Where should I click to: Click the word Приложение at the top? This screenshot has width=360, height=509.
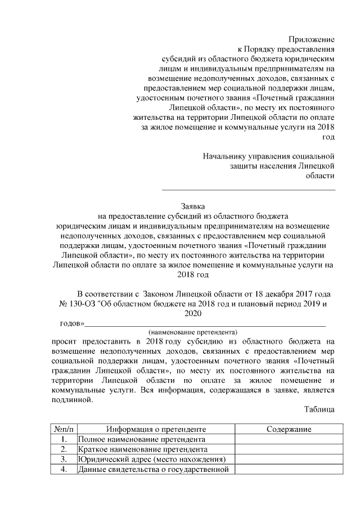[311, 39]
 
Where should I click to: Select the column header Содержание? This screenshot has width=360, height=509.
[289, 429]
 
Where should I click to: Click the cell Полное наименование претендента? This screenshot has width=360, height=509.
[141, 439]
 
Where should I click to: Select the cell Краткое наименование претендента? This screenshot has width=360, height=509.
[143, 449]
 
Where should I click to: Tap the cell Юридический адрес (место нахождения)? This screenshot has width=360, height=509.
[151, 460]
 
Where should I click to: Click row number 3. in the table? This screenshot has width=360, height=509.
[64, 460]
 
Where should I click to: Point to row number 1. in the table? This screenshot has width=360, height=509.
[64, 439]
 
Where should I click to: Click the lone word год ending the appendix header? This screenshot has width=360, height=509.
[327, 137]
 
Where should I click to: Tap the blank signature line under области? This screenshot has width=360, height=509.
[249, 189]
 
